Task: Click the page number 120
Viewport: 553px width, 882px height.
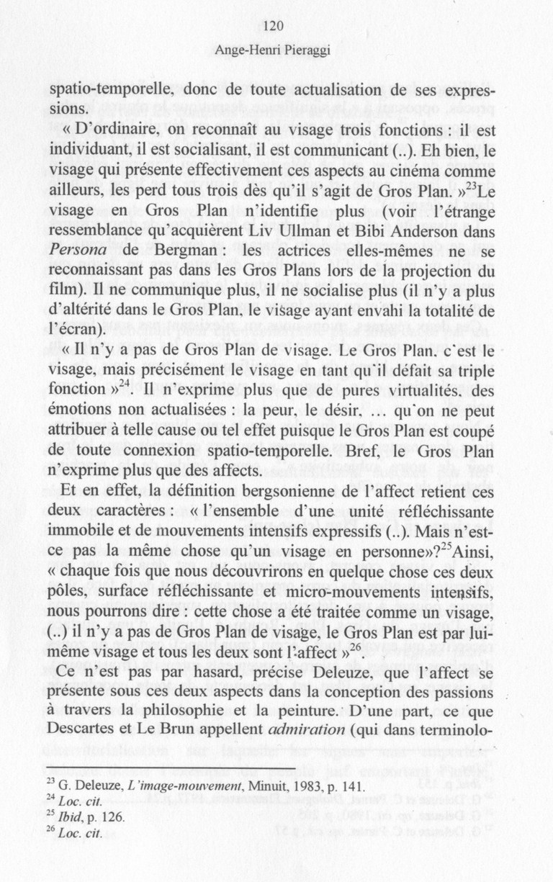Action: coord(276,26)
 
